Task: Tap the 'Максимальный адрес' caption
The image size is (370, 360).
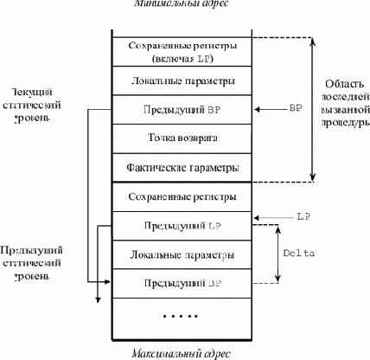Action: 182,354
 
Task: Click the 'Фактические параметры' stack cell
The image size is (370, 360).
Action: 182,166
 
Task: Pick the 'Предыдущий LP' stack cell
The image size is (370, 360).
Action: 182,226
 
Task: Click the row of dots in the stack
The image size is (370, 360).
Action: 182,316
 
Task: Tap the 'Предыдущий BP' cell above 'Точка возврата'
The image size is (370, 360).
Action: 182,111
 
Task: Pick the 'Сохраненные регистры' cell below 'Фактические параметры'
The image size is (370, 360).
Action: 182,197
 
